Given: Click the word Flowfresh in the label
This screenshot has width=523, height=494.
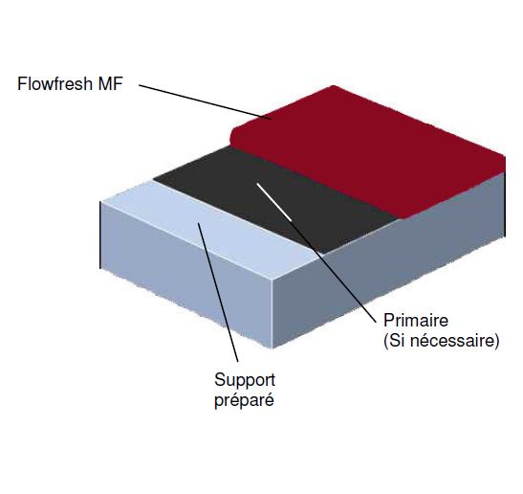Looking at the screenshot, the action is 54,83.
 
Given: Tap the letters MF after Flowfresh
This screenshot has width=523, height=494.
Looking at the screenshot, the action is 110,83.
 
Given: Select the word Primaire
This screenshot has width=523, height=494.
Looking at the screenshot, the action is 416,321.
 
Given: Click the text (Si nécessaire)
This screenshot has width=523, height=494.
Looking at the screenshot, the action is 442,341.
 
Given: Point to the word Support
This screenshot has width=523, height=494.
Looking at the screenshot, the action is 245,380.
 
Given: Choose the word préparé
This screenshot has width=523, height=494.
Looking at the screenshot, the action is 244,400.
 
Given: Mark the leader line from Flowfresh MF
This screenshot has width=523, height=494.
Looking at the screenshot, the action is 206,101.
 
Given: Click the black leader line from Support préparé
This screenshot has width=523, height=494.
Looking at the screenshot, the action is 218,292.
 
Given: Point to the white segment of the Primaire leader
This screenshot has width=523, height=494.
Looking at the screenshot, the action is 273,202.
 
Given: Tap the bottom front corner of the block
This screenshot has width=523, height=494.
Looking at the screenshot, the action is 272,348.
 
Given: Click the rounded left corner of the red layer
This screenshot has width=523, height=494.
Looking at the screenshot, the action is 233,134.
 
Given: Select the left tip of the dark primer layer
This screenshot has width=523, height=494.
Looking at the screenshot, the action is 154,180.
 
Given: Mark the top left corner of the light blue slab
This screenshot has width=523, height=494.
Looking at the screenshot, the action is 100,202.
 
